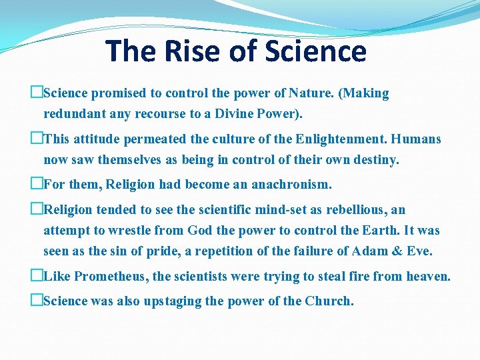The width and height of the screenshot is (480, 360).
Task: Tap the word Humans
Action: pyautogui.click(x=416, y=139)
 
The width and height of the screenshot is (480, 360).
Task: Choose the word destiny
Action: pyautogui.click(x=375, y=160)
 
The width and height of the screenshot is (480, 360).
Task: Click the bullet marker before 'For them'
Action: pyautogui.click(x=36, y=184)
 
